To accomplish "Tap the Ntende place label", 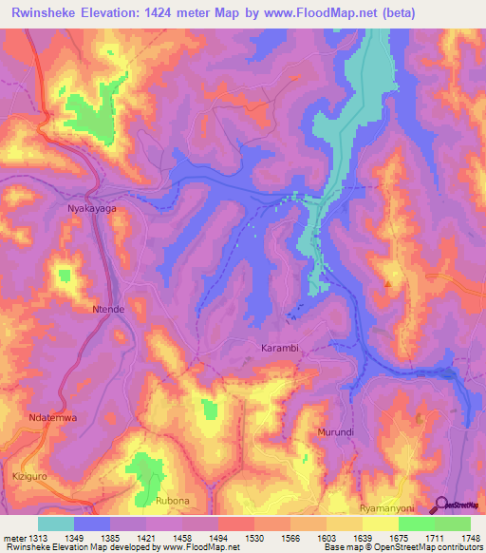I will click(107, 310).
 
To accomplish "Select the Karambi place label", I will click(280, 349).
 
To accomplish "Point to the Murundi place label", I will click(334, 432).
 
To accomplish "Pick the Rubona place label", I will click(173, 500).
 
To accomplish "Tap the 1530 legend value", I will click(255, 537).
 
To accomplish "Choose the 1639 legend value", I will click(363, 537).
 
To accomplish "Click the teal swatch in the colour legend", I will click(56, 524).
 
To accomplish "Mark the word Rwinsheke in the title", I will click(47, 14).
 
